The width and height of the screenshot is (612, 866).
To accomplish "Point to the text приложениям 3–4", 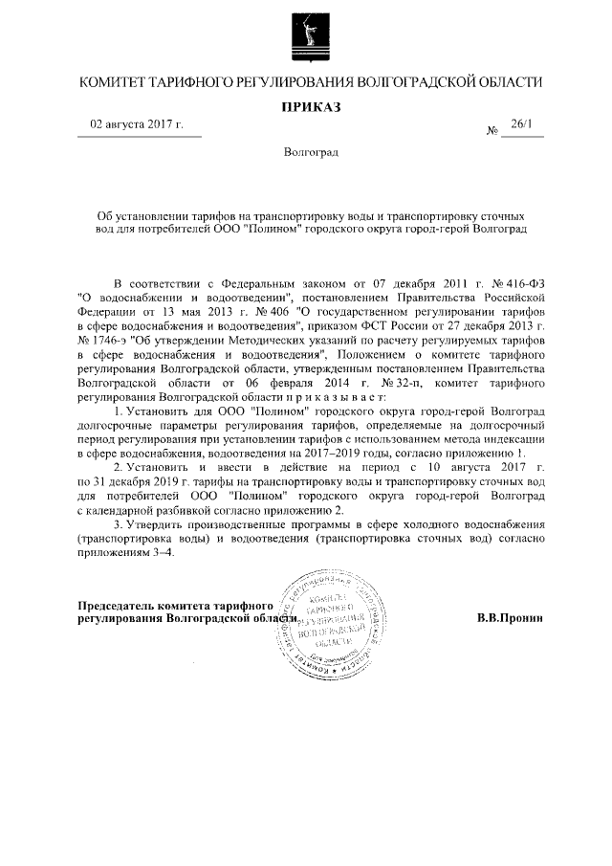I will click(125, 554).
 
